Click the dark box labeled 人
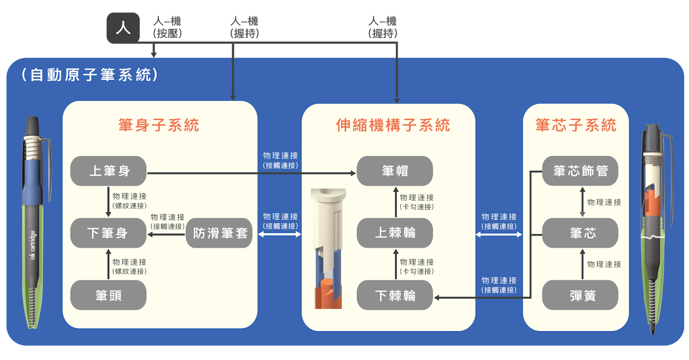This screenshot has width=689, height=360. (x=123, y=28)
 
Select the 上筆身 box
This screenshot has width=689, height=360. (x=109, y=171)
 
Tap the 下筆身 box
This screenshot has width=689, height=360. (x=109, y=233)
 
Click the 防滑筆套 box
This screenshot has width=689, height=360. (x=219, y=233)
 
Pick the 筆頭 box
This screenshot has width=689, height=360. (x=109, y=295)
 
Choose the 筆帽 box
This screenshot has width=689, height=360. (x=395, y=171)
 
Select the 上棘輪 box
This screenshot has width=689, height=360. (x=395, y=233)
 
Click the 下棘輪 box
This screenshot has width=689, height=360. (x=395, y=295)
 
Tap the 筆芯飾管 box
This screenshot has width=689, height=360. (x=580, y=171)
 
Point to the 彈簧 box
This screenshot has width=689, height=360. (x=580, y=295)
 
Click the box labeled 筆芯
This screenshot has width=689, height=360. (x=580, y=233)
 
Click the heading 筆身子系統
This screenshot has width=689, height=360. (x=159, y=125)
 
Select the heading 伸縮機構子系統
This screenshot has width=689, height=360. (x=393, y=125)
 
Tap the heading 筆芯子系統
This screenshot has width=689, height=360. (x=576, y=125)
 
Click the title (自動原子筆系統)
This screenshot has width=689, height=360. (x=90, y=75)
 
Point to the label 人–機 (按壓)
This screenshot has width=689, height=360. (x=167, y=27)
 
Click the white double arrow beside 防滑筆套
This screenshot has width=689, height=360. (x=280, y=234)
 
